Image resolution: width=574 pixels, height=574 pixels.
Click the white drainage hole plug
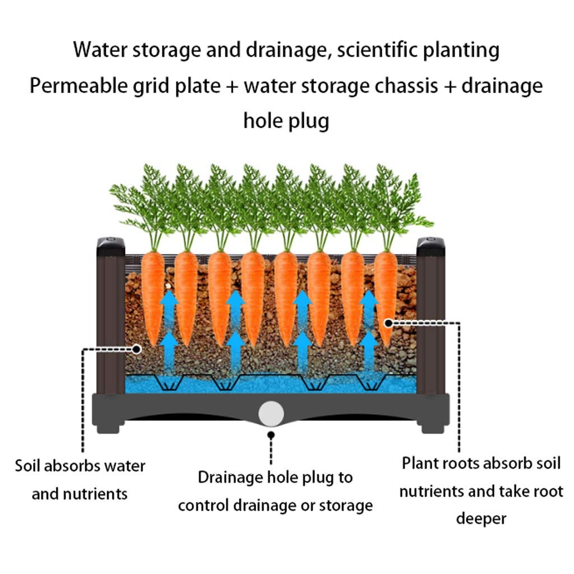(271, 414)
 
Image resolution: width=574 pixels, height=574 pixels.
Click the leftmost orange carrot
(152, 297)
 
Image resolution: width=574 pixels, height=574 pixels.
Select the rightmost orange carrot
(386, 297)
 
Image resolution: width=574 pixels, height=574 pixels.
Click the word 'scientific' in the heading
(377, 50)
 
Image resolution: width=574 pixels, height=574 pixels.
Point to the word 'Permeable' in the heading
(78, 86)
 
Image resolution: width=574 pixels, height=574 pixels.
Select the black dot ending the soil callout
(137, 349)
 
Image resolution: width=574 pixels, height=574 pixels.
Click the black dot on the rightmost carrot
(388, 323)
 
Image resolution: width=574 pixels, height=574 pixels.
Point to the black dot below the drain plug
(271, 435)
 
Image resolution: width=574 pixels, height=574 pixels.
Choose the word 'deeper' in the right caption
(481, 519)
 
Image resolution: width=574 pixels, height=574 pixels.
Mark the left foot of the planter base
(108, 428)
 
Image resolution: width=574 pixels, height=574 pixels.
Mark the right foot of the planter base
(433, 428)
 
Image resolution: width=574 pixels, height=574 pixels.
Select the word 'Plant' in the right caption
(420, 464)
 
